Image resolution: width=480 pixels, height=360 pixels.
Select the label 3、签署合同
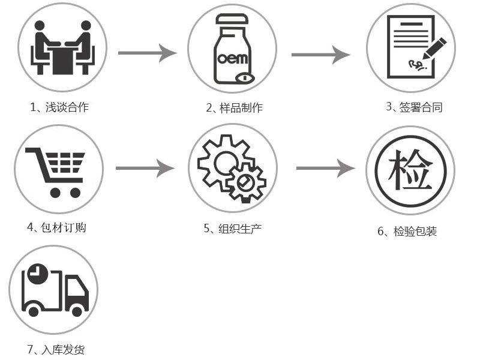(x=415, y=107)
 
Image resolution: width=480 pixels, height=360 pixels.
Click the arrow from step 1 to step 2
(x=147, y=53)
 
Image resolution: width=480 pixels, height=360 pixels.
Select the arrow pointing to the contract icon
(x=320, y=55)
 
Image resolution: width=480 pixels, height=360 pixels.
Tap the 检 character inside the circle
(x=410, y=170)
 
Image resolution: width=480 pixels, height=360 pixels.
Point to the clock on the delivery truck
(x=37, y=274)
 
